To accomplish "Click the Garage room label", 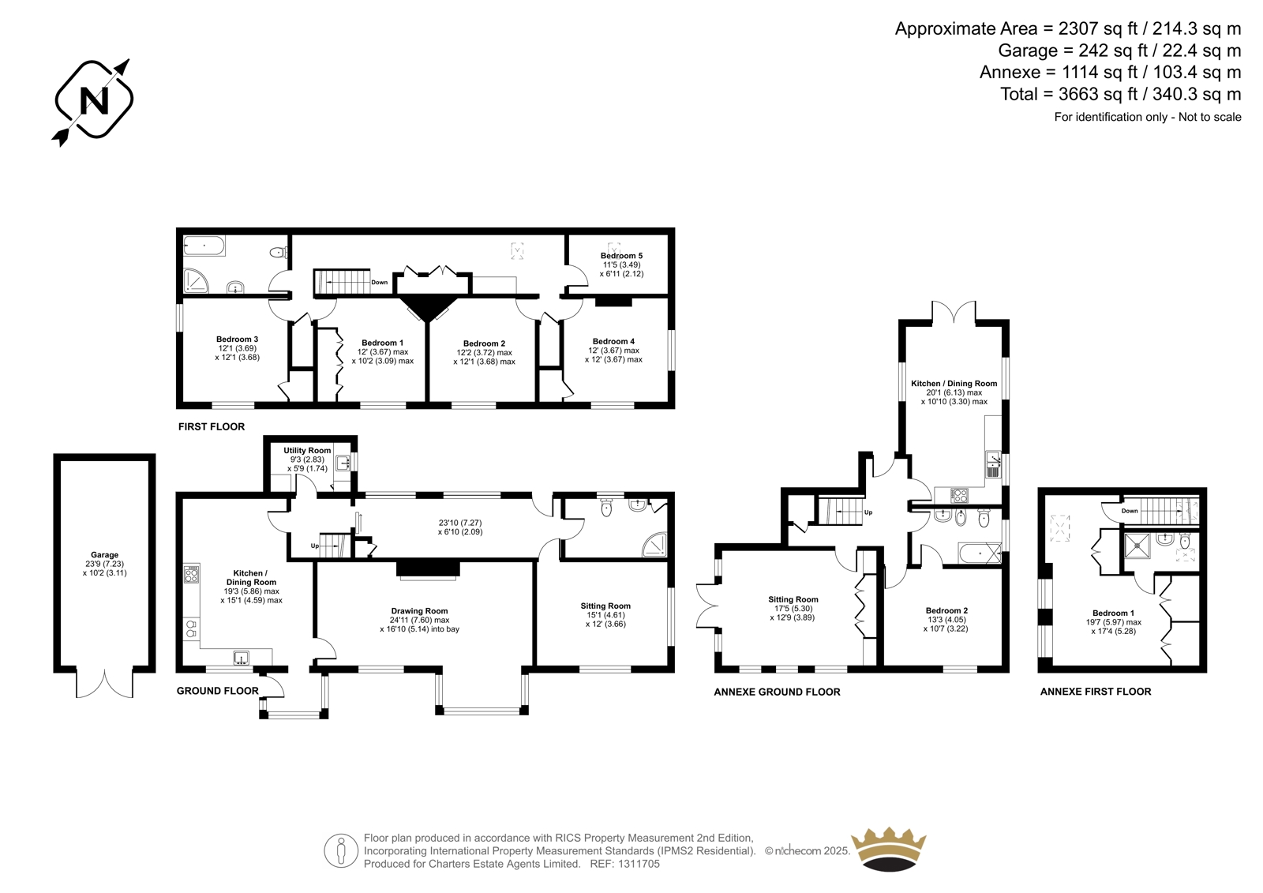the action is [104, 554].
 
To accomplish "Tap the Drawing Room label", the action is [419, 610].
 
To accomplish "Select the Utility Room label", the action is [307, 450].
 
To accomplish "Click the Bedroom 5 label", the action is [621, 256].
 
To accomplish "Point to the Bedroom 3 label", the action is [237, 339].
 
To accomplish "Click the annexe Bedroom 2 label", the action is [946, 610].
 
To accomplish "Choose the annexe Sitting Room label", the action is [793, 599].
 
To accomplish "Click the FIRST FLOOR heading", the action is [212, 426].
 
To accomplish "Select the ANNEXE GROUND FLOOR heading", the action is [777, 692].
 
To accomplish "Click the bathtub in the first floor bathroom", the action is [204, 246].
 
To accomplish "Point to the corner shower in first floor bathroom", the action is [195, 280].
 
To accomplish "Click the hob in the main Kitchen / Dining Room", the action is [192, 574].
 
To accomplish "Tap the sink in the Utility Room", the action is [343, 463].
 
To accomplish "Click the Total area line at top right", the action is [1120, 94].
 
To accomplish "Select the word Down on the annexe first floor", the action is [1130, 511].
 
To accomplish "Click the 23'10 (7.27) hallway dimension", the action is [460, 523].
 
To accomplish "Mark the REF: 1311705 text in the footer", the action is [624, 864].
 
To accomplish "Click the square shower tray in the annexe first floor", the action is [1137, 546].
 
